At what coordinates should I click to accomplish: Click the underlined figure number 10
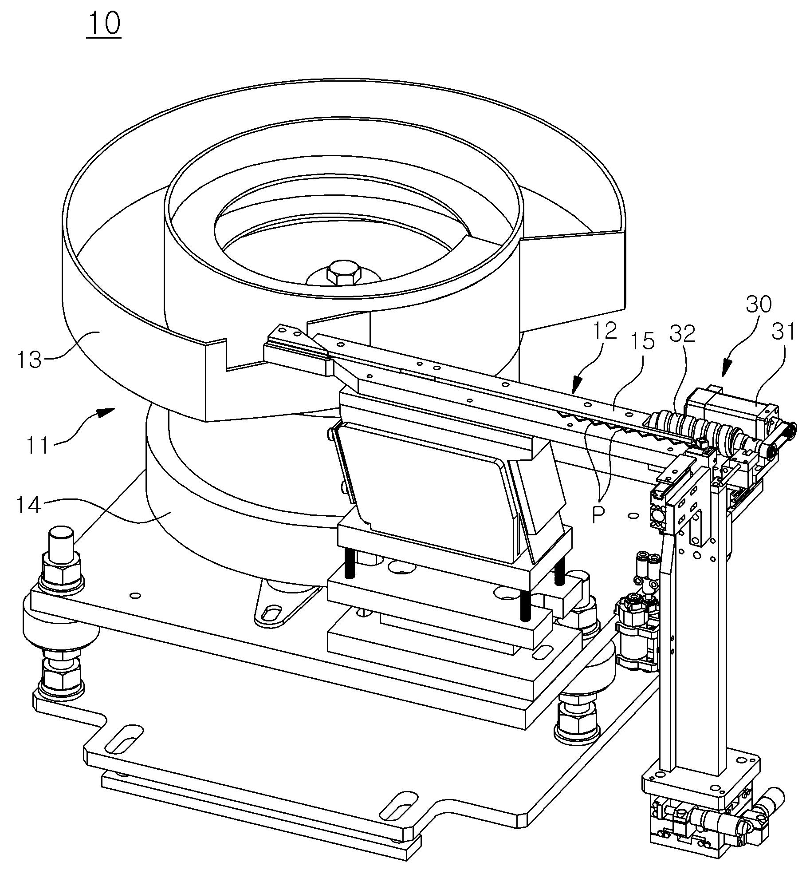click(x=104, y=24)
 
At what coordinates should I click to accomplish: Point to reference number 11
click(x=38, y=445)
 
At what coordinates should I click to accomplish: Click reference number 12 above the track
click(x=605, y=331)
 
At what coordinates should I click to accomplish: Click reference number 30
click(x=759, y=304)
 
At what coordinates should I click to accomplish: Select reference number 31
click(x=784, y=332)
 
